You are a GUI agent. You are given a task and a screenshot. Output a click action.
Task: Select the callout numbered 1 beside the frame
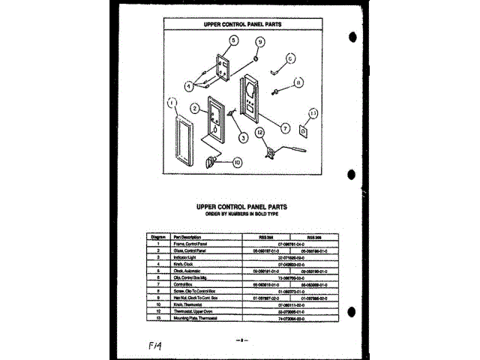(172, 103)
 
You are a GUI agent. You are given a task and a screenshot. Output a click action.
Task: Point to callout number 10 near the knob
(236, 161)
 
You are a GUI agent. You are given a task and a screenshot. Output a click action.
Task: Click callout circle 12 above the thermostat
(260, 132)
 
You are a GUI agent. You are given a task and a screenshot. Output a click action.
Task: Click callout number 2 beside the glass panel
(194, 109)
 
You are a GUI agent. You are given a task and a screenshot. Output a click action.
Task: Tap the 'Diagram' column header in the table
(158, 237)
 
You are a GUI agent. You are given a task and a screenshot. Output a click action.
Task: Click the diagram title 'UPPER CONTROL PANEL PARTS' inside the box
(244, 24)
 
